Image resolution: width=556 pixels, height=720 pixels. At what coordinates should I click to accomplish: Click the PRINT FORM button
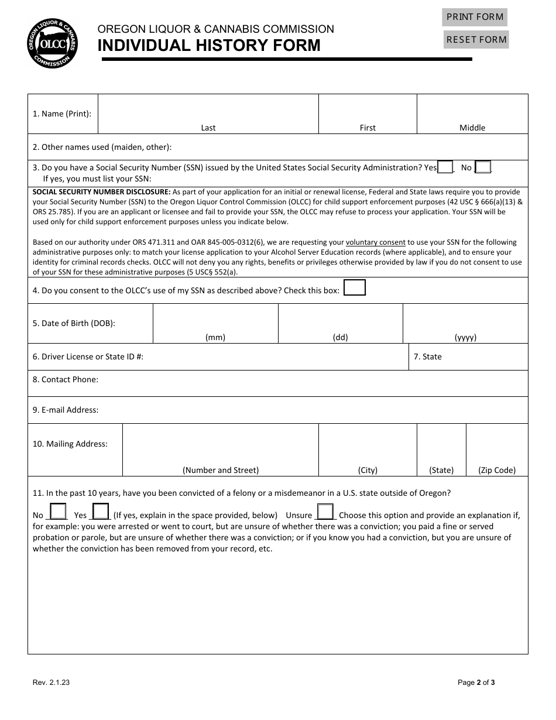(475, 17)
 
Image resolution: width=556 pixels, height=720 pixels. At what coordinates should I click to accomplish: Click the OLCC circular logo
(52, 42)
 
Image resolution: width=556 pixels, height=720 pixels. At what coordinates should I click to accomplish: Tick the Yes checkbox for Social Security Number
(445, 167)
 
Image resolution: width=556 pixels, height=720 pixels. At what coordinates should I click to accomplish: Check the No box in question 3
(483, 167)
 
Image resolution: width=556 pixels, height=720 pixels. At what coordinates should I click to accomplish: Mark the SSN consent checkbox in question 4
(355, 288)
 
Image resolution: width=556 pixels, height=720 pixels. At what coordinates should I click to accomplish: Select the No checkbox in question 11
(58, 512)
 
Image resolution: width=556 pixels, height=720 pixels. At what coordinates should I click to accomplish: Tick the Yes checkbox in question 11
(101, 512)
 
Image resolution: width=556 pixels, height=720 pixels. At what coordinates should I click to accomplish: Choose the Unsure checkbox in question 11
(325, 512)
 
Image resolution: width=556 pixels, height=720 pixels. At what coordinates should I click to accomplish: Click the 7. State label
(428, 356)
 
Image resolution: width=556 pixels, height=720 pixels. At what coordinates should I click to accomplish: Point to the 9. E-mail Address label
(66, 410)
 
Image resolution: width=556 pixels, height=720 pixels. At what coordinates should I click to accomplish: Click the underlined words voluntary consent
(375, 242)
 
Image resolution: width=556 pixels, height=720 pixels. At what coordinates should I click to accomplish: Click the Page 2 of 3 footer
(476, 682)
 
